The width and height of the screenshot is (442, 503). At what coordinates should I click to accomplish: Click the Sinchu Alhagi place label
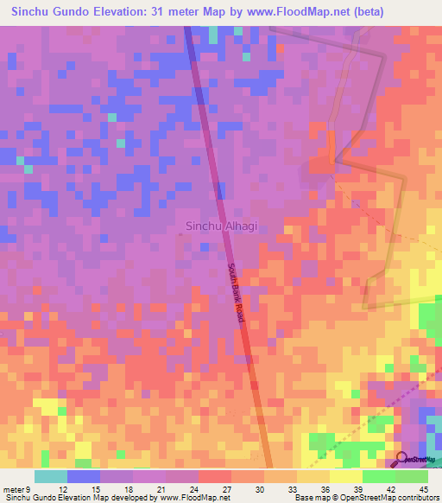coord(222,226)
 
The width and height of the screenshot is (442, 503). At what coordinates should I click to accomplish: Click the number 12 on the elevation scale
coord(52,488)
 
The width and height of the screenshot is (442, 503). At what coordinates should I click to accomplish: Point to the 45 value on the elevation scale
coord(422,488)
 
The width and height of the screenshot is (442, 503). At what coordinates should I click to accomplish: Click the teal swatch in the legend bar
coord(50,476)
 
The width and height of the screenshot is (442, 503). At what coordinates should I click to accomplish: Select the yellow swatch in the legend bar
coord(345,476)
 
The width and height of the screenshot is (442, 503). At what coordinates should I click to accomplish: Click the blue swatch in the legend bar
coord(84,476)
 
